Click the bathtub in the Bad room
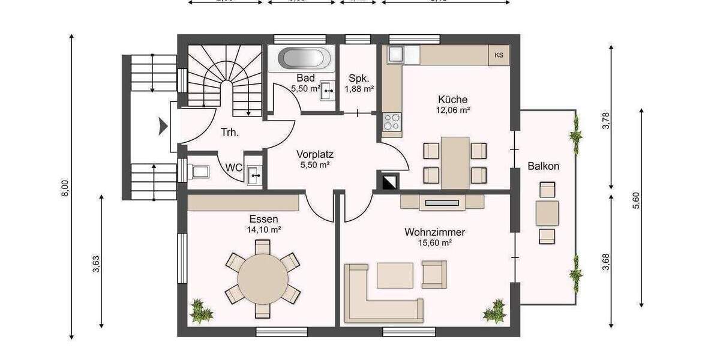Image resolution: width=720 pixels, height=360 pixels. (304, 59)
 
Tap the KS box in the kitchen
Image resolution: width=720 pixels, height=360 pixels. (499, 56)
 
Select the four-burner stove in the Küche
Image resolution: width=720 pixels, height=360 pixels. (392, 122)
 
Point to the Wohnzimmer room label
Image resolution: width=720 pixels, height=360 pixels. (435, 232)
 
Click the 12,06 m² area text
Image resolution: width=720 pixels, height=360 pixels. (453, 110)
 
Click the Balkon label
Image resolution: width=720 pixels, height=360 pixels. (544, 166)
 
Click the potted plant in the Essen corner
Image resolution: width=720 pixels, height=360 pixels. (201, 311)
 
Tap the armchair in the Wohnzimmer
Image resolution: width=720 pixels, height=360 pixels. (434, 274)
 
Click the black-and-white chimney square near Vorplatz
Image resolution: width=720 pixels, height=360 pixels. (387, 181)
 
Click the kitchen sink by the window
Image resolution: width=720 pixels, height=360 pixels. (396, 55)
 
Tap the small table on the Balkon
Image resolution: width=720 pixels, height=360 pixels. (547, 213)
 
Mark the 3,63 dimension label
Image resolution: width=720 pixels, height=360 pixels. (96, 264)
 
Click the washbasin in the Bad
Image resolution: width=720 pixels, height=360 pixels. (327, 91)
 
